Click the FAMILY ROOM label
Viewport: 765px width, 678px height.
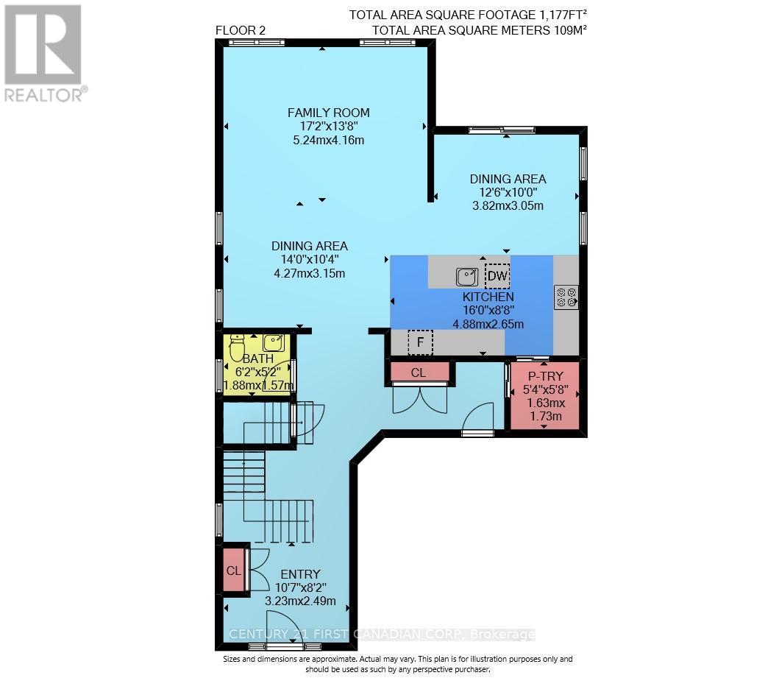point(328,113)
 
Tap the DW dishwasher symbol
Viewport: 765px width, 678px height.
point(497,276)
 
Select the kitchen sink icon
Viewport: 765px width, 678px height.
point(466,277)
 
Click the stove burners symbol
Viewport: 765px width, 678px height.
point(566,297)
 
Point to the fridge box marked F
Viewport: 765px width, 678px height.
point(420,342)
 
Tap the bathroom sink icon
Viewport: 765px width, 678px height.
point(274,342)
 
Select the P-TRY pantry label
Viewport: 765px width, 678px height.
point(546,375)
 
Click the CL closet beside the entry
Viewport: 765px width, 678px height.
point(234,570)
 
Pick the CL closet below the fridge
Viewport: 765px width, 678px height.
point(418,372)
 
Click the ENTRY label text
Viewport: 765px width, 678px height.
point(300,574)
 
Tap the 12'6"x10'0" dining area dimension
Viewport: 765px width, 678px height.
point(508,192)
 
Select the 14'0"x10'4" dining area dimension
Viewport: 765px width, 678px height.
point(309,259)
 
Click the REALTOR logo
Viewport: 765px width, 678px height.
point(44,52)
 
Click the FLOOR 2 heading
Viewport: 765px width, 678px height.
point(241,29)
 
